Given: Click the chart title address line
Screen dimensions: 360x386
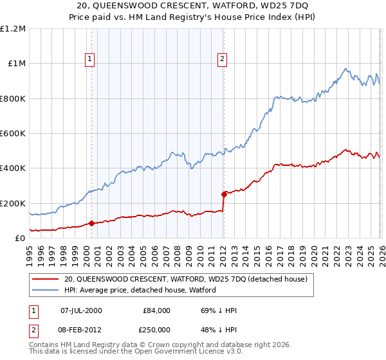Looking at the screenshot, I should click(x=193, y=6).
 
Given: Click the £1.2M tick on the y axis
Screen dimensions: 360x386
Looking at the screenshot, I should click(x=13, y=29).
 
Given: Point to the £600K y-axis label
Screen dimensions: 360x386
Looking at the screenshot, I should click(x=13, y=134).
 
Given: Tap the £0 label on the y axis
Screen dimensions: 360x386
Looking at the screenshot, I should click(x=21, y=239).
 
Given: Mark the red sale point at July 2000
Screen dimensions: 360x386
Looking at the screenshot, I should click(x=91, y=224).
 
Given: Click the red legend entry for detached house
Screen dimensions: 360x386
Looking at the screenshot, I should click(x=187, y=279).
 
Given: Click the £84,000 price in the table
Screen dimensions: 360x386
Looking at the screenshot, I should click(x=156, y=310).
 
